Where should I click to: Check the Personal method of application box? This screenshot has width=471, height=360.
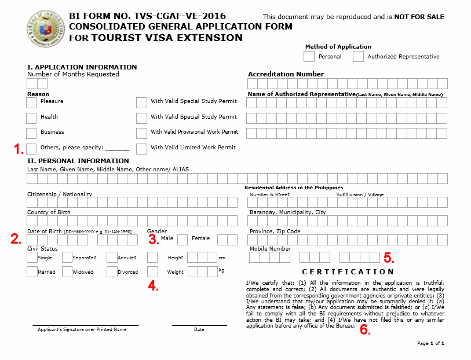pyautogui.click(x=309, y=56)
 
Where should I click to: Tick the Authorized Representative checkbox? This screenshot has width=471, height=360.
pyautogui.click(x=358, y=56)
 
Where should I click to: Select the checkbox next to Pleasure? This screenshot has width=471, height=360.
pyautogui.click(x=31, y=102)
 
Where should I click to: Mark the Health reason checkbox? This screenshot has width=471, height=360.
pyautogui.click(x=31, y=118)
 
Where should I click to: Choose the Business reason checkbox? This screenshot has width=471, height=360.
pyautogui.click(x=31, y=133)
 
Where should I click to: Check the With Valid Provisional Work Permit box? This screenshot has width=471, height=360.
pyautogui.click(x=141, y=133)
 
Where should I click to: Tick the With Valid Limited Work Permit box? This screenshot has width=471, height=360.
pyautogui.click(x=141, y=149)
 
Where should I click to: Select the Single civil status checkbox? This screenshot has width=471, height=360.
pyautogui.click(x=31, y=258)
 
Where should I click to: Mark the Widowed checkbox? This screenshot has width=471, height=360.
pyautogui.click(x=67, y=272)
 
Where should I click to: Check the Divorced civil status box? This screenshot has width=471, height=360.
pyautogui.click(x=112, y=272)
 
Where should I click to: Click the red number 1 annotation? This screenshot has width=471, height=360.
pyautogui.click(x=19, y=149)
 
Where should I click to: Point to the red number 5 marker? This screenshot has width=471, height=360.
pyautogui.click(x=388, y=257)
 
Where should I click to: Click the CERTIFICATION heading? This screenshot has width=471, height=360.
pyautogui.click(x=348, y=271)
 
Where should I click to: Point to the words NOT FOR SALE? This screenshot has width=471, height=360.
pyautogui.click(x=419, y=17)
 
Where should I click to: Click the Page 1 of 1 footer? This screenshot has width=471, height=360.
pyautogui.click(x=430, y=343)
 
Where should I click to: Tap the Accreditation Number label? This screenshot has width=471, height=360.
pyautogui.click(x=286, y=74)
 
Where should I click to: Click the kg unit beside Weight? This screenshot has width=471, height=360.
pyautogui.click(x=221, y=270)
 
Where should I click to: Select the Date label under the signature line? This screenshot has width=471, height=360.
pyautogui.click(x=199, y=329)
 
